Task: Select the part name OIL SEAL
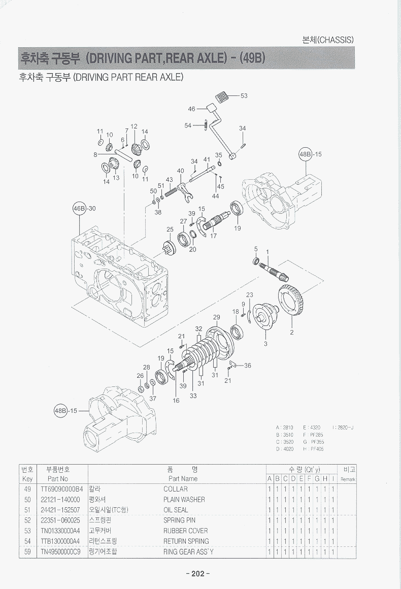(x=176, y=510)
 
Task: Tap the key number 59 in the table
(x=27, y=551)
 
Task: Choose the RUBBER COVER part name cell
(x=185, y=531)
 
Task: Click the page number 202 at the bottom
(x=197, y=574)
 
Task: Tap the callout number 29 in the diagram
(x=216, y=317)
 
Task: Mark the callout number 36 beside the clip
(x=247, y=365)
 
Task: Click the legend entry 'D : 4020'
(x=285, y=449)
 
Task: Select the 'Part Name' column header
(x=183, y=479)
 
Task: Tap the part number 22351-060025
(x=60, y=520)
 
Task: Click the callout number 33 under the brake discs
(x=193, y=396)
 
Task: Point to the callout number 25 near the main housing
(x=170, y=230)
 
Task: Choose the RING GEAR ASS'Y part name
(x=188, y=551)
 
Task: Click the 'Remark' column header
(x=348, y=479)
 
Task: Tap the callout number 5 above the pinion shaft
(x=256, y=249)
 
